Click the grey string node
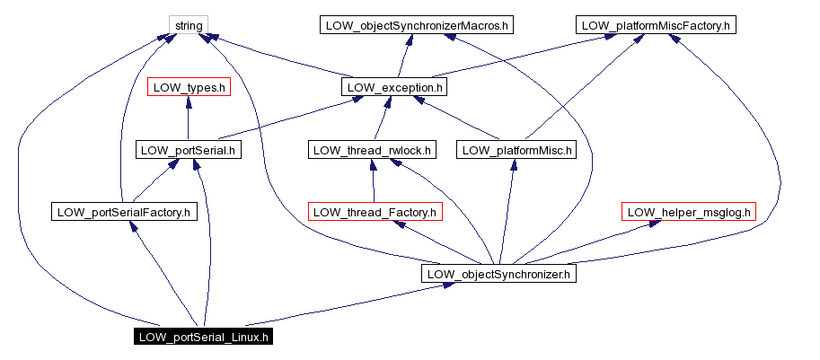tap(189, 25)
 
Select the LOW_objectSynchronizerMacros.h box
tap(416, 25)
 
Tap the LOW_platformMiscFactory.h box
tap(656, 25)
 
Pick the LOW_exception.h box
tap(394, 87)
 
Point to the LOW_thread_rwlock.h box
tap(372, 150)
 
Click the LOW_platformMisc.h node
tap(515, 150)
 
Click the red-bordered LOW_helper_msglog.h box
tap(689, 212)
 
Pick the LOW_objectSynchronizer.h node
tap(498, 274)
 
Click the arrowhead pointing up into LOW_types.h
tap(189, 102)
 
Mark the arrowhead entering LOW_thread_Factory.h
tap(400, 225)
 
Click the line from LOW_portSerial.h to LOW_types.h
tap(189, 121)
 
